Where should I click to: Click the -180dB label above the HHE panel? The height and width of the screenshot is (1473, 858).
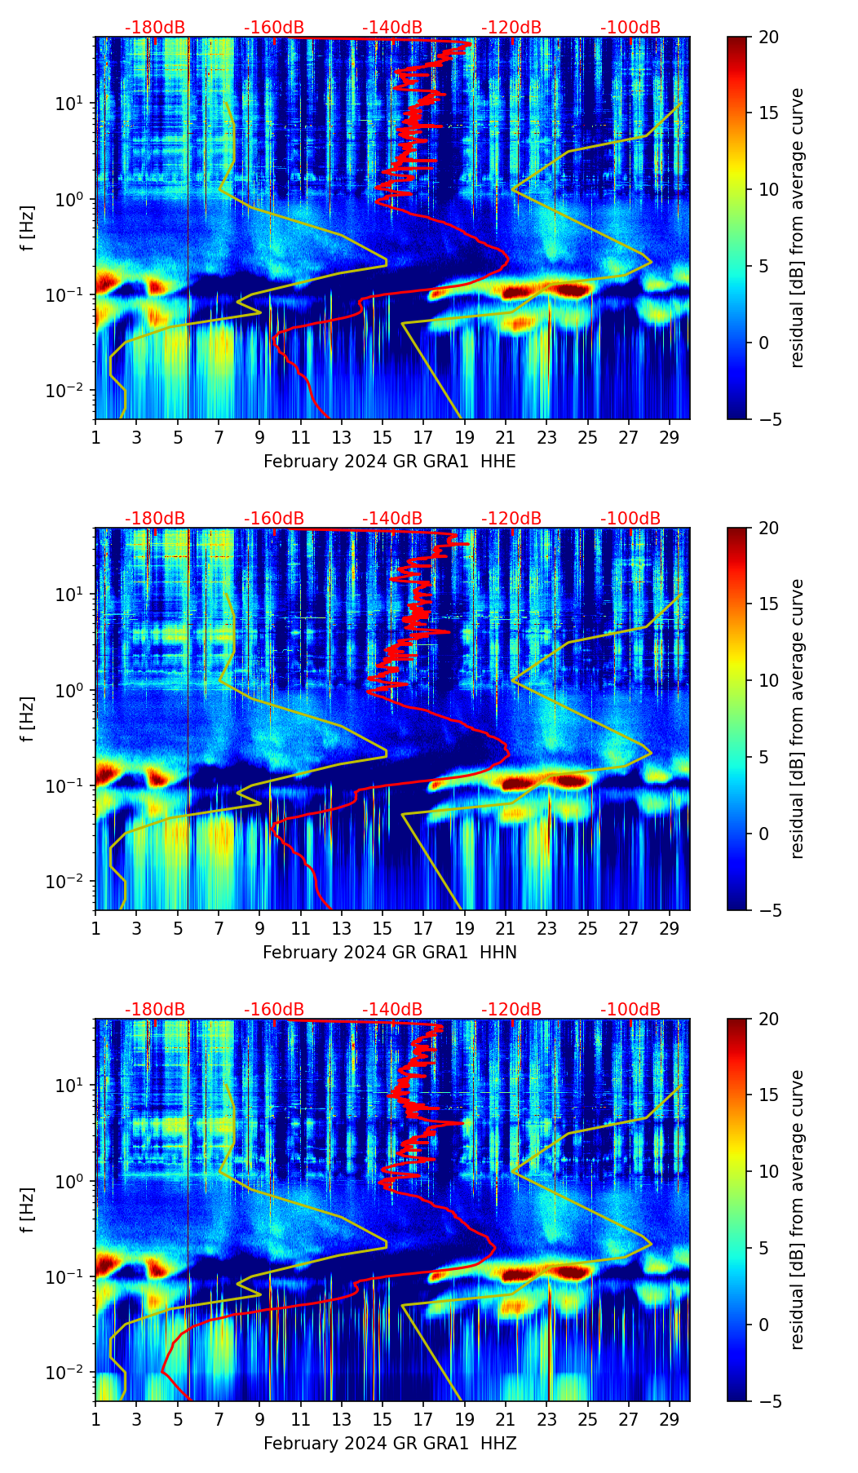[x=155, y=28]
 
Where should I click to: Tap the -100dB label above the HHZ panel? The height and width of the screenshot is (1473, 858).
[x=630, y=1010]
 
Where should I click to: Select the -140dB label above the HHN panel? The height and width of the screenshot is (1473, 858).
[x=392, y=519]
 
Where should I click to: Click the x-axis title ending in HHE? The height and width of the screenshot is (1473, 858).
[x=389, y=462]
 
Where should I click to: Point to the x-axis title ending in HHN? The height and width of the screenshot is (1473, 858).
[x=389, y=953]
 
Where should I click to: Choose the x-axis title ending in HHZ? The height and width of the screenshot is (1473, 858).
[x=389, y=1444]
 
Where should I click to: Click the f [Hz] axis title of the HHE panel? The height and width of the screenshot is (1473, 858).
[x=28, y=228]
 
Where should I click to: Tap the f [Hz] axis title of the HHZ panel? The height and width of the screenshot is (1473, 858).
[x=28, y=1210]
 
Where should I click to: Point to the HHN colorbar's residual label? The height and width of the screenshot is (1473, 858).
[x=798, y=719]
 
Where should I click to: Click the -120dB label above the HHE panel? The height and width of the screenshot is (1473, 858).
[x=511, y=28]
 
